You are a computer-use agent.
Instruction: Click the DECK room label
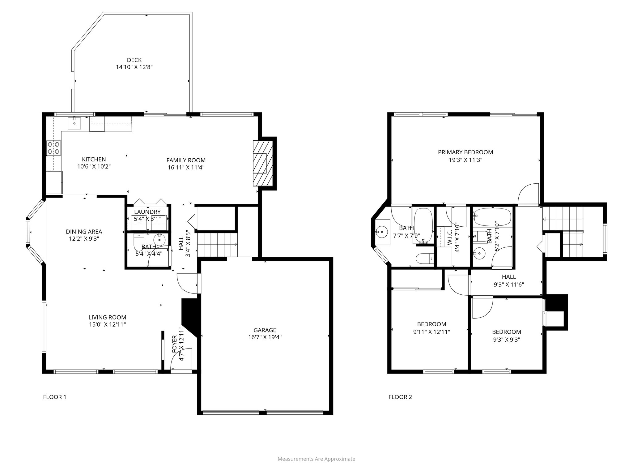tap(134, 60)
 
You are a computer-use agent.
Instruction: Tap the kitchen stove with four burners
tap(53, 148)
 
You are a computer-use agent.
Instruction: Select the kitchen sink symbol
tap(74, 123)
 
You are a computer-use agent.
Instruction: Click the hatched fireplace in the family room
tap(263, 163)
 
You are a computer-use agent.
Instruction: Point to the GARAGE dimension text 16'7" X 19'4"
tap(265, 337)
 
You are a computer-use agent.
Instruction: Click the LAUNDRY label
tap(147, 212)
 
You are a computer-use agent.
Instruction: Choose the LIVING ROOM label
tap(107, 317)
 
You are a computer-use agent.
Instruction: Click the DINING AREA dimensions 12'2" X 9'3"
tap(84, 239)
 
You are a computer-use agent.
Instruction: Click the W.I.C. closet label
tap(449, 237)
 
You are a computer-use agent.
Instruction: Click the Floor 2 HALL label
tap(508, 277)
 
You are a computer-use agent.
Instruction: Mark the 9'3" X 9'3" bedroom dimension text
tap(506, 339)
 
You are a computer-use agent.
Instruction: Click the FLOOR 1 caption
tap(55, 397)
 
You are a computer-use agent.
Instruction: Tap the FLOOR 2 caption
tap(400, 397)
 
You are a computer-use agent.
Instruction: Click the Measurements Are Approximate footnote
tap(316, 459)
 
